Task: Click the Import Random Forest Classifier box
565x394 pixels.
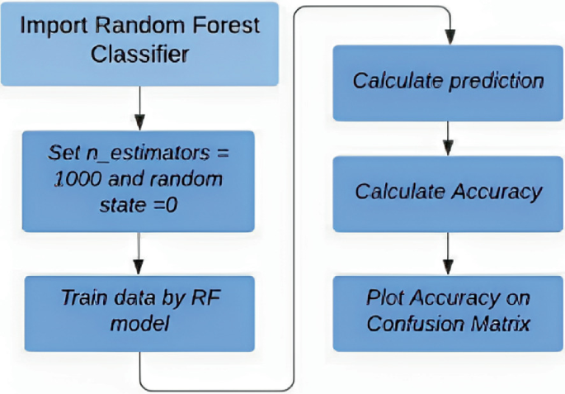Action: [139, 43]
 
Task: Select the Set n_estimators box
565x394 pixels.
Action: [139, 179]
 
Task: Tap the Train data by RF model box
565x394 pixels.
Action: [139, 310]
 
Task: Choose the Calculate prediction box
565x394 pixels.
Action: [448, 82]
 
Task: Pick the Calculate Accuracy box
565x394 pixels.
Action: [448, 192]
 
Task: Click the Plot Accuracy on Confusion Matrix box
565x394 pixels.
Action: [448, 311]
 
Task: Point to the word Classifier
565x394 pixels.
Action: [139, 55]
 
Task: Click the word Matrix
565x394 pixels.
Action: [501, 323]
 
